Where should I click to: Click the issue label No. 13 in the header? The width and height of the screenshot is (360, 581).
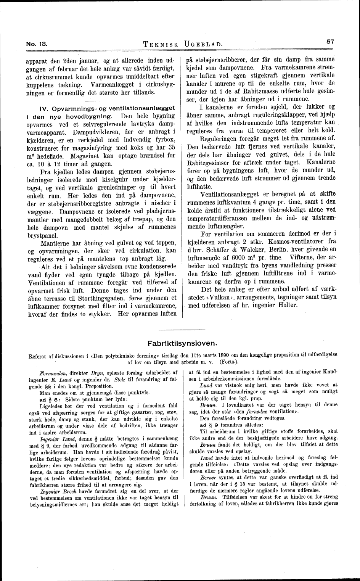click(x=36, y=44)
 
